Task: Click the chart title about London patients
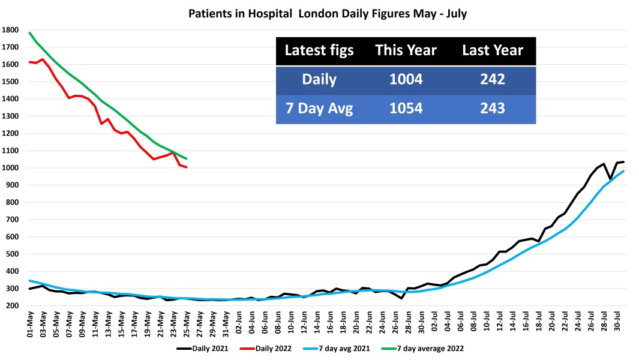pos(319,13)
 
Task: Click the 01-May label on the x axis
pos(31,323)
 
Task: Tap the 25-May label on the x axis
pos(187,323)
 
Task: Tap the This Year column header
pos(406,51)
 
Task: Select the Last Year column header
pos(492,51)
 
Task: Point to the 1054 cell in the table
pos(406,109)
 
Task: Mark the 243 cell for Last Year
pos(492,109)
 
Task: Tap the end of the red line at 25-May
pos(187,167)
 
